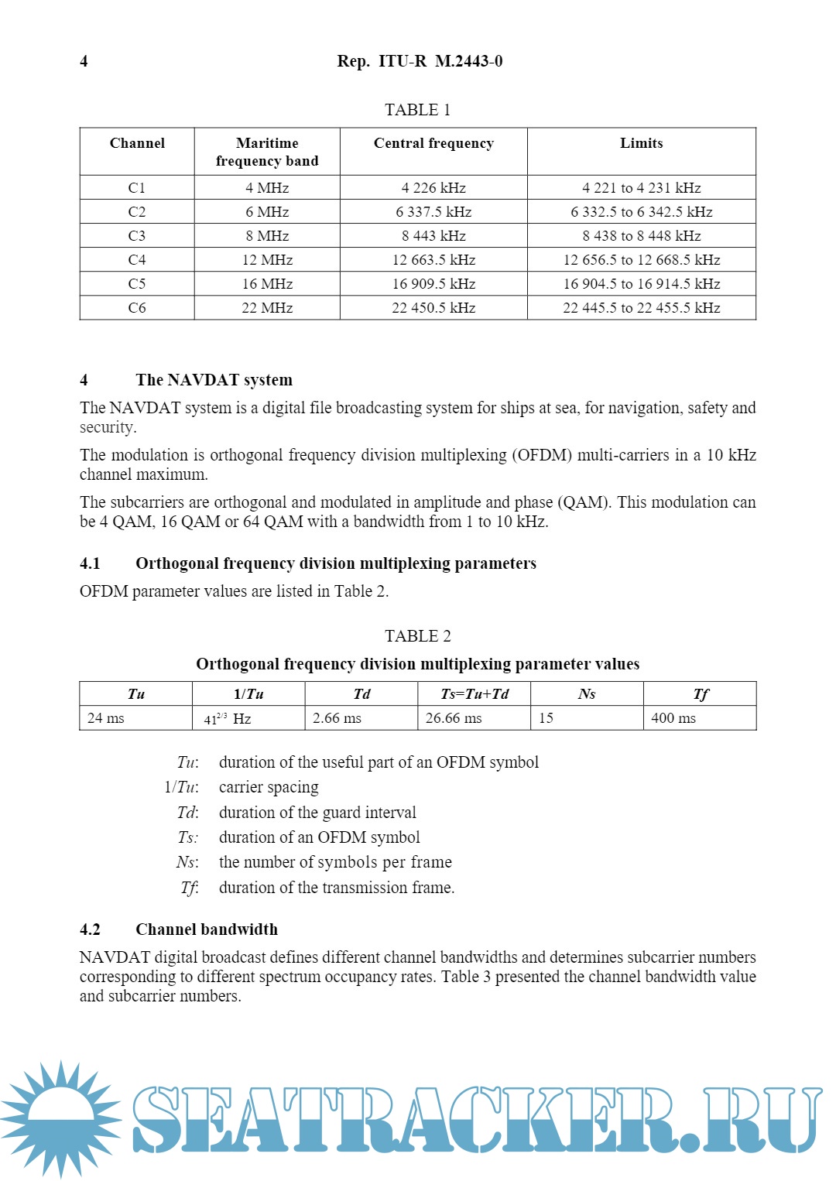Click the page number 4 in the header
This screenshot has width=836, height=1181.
coord(84,61)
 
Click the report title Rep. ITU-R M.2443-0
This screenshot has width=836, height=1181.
coord(420,61)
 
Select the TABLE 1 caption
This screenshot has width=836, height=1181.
coord(417,110)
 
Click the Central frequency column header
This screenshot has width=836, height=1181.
coord(433,143)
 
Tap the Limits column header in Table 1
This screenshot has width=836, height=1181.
coord(641,143)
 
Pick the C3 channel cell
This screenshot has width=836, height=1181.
coord(137,236)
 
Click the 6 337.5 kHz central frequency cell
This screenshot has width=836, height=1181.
coord(433,212)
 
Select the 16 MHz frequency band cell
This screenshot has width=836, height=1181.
coord(267,284)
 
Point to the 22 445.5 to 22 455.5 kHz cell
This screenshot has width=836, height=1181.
coord(641,308)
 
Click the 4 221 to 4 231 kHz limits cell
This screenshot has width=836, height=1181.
coord(641,188)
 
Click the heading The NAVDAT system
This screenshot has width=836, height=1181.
coord(214,380)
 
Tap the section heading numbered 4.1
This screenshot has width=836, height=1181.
coord(335,563)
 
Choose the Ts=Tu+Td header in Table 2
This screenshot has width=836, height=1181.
coord(475,694)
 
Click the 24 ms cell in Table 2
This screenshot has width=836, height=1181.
coord(106,718)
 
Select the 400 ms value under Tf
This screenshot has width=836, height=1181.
coord(673,718)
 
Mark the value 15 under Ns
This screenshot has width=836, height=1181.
coord(546,718)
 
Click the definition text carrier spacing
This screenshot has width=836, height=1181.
coord(269,788)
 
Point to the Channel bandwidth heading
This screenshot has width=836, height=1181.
coord(206,929)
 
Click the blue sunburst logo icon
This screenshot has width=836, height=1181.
coord(60,1118)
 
